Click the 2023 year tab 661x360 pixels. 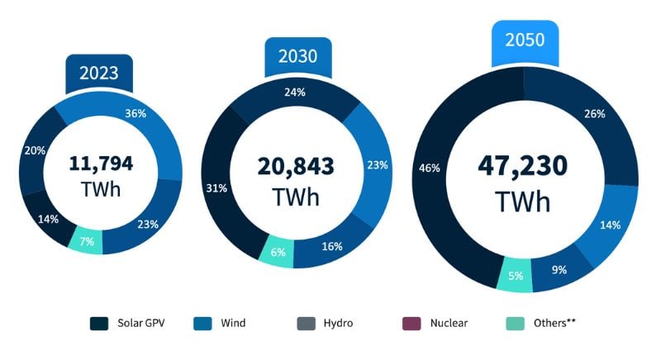click(99, 73)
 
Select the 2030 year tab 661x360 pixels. click(297, 56)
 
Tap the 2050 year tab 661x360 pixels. click(525, 40)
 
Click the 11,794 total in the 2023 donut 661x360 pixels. click(101, 163)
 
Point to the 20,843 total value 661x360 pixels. click(295, 166)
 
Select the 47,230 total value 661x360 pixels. click(524, 165)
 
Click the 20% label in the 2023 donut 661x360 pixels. click(35, 151)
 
